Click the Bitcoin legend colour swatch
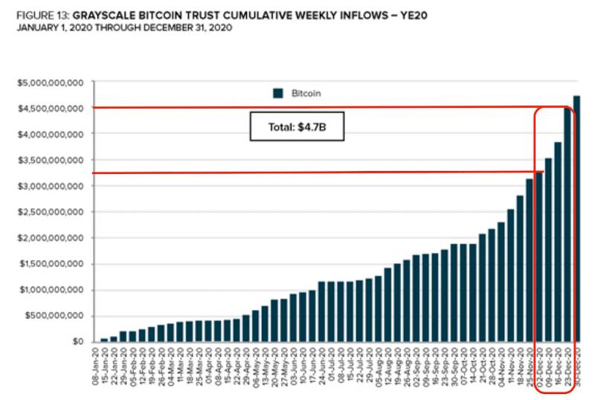tap(278, 93)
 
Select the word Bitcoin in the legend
tap(306, 93)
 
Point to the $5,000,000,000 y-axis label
tap(51, 83)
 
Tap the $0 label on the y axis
tap(77, 342)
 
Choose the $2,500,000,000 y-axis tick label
tap(51, 213)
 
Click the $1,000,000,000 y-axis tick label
tap(51, 291)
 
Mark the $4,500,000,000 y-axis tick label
tap(51, 109)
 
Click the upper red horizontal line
tap(297, 108)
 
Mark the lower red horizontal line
tap(297, 173)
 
